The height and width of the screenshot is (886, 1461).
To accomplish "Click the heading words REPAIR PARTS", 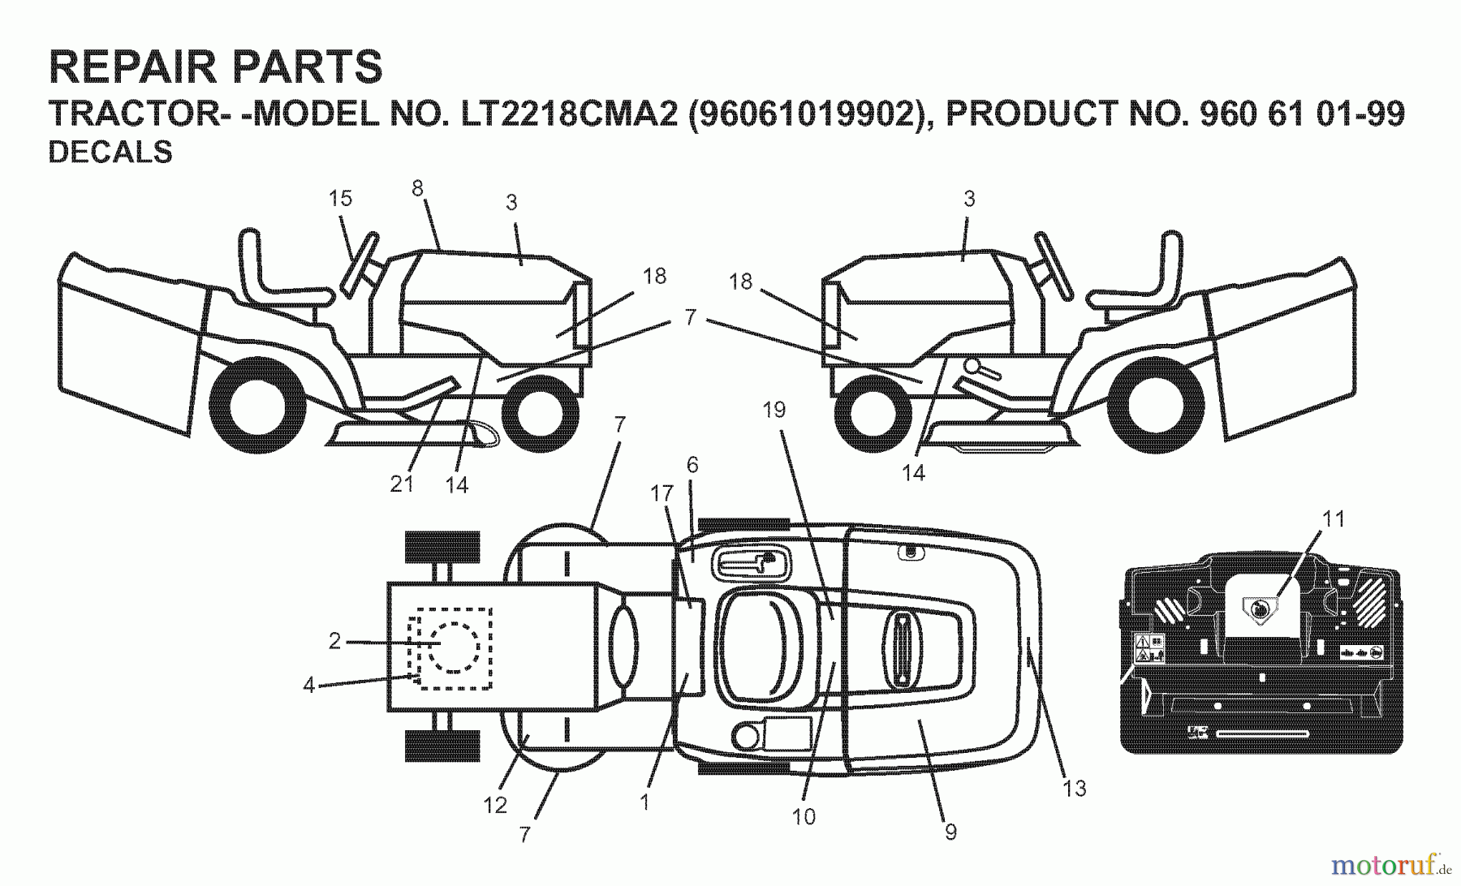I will pyautogui.click(x=215, y=67).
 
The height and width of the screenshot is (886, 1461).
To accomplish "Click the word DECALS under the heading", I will pyautogui.click(x=110, y=153).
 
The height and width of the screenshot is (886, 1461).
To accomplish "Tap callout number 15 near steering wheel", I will pyautogui.click(x=340, y=198).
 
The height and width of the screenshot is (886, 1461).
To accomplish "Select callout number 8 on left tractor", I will pyautogui.click(x=417, y=188).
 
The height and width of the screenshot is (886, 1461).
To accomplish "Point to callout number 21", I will pyautogui.click(x=402, y=484).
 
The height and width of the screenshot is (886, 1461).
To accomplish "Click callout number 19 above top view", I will pyautogui.click(x=774, y=410).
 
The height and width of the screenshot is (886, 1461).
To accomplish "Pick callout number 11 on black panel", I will pyautogui.click(x=1334, y=518).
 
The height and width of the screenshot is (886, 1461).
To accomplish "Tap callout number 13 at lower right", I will pyautogui.click(x=1074, y=788).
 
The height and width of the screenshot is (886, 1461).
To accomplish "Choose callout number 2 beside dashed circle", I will pyautogui.click(x=334, y=641).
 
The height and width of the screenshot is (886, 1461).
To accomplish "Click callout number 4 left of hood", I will pyautogui.click(x=308, y=686).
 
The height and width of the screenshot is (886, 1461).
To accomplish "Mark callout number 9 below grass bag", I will pyautogui.click(x=950, y=832).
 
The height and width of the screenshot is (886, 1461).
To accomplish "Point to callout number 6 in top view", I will pyautogui.click(x=692, y=465).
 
